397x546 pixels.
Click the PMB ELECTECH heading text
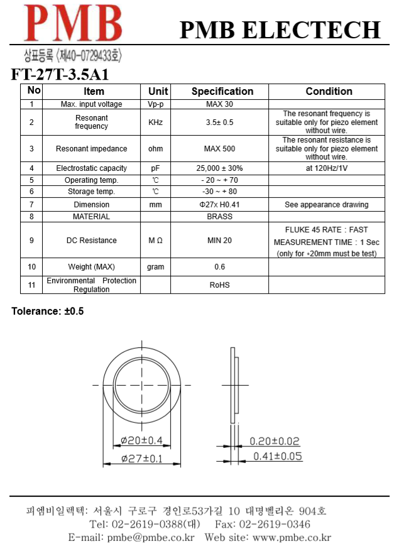280,30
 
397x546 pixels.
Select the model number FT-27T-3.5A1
60,74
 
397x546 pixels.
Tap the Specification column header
222,91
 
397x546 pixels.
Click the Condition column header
329,91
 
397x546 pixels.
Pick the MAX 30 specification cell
219,104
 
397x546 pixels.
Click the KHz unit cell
155,123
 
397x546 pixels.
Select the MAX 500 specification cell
219,149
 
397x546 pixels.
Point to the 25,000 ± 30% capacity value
219,168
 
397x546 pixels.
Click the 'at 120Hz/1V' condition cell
327,168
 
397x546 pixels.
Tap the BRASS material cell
219,217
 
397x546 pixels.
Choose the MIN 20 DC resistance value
219,241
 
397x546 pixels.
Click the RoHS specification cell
219,285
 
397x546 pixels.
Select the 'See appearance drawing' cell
327,205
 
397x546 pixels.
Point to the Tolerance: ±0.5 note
48,312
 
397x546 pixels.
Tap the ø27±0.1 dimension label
141,459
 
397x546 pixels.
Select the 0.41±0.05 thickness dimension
277,456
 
